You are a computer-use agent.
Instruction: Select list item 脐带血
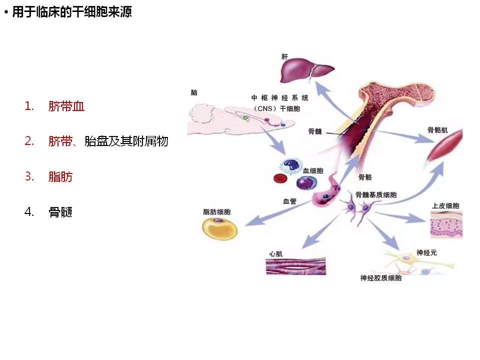click(x=66, y=106)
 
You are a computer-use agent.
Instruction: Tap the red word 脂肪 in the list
click(x=60, y=176)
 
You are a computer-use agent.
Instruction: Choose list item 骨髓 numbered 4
click(x=60, y=212)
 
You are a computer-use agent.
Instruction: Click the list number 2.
click(x=29, y=141)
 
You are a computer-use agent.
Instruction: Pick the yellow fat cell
click(x=220, y=229)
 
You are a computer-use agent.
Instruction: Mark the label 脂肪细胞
click(x=216, y=212)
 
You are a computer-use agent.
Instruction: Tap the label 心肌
click(x=275, y=253)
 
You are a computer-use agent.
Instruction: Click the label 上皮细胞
click(x=445, y=206)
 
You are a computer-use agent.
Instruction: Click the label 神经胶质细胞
click(x=380, y=278)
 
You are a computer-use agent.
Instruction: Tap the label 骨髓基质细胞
click(x=376, y=194)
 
